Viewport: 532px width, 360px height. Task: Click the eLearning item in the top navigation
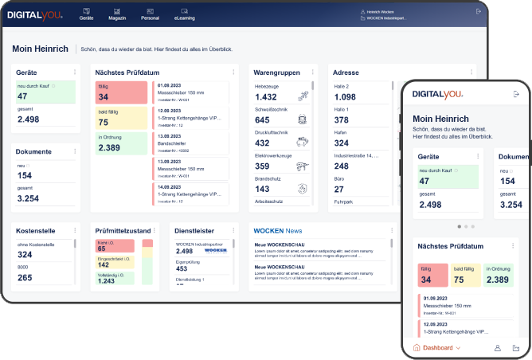[184, 14]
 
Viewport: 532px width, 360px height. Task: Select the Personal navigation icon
[150, 14]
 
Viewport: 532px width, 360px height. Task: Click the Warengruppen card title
[276, 72]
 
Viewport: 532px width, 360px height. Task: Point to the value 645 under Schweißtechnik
[262, 119]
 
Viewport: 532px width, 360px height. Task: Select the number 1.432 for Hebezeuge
[266, 96]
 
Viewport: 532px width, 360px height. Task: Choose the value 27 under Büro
[338, 189]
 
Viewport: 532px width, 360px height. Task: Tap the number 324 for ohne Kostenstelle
[25, 255]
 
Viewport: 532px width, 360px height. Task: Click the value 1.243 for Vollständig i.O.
[108, 280]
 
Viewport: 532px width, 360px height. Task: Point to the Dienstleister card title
[194, 231]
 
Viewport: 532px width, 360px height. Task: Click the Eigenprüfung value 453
[182, 268]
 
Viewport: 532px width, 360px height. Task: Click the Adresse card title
[346, 72]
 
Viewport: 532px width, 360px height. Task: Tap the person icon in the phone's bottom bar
[498, 348]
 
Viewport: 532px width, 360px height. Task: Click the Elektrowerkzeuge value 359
[262, 166]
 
